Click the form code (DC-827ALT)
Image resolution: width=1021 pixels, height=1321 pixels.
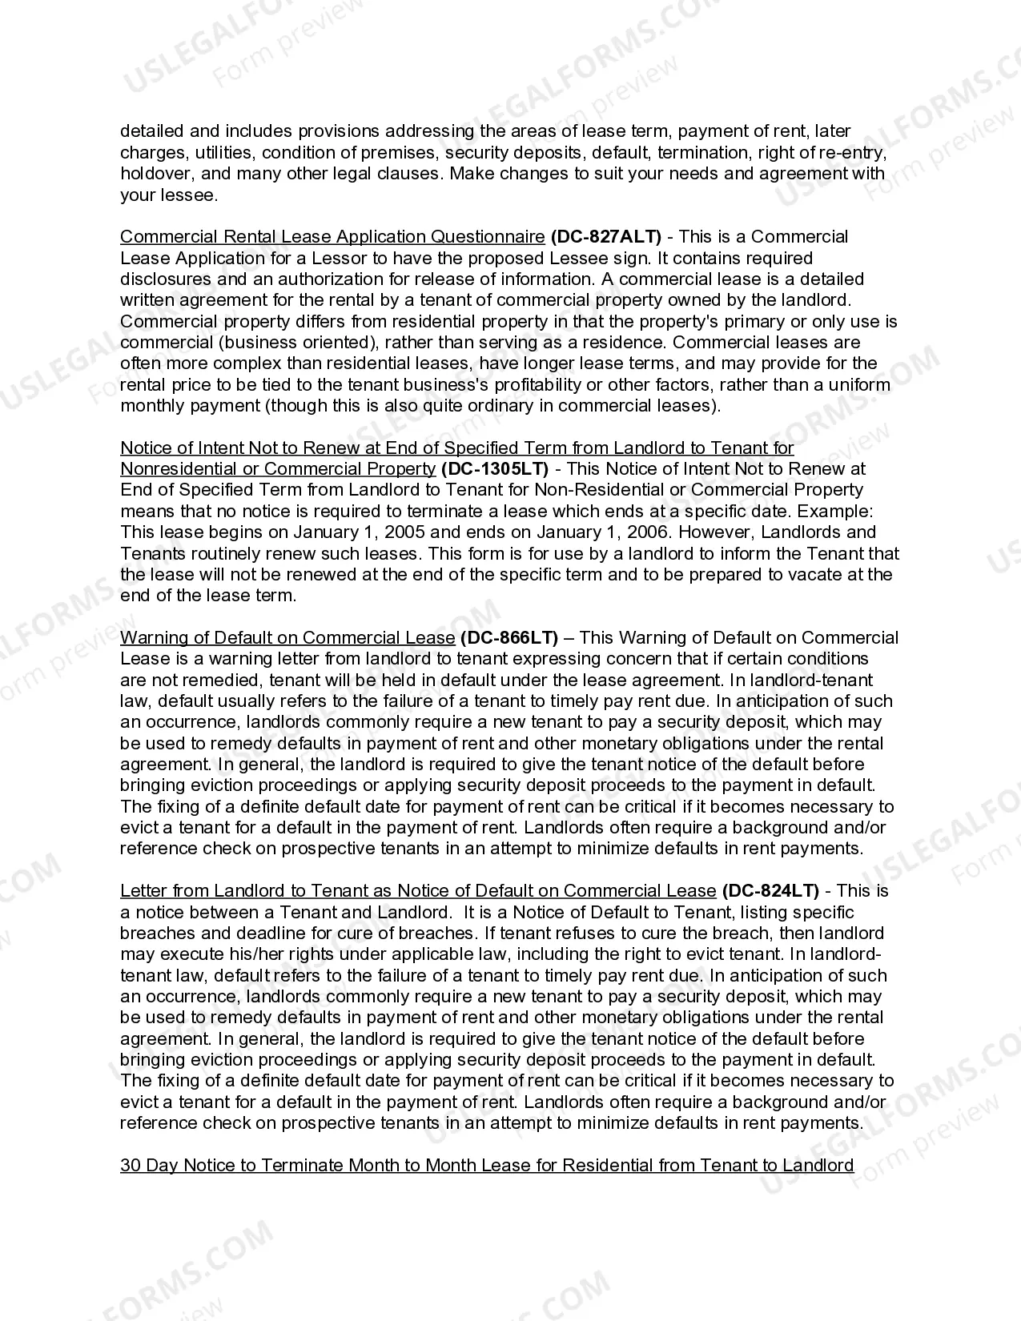[x=605, y=237]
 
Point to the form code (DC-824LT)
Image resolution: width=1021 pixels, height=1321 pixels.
[x=770, y=891]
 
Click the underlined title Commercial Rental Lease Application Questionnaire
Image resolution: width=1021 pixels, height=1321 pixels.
[x=332, y=237]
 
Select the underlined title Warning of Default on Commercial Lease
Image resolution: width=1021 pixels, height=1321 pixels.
[x=287, y=638]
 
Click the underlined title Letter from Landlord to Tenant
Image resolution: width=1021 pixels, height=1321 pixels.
[x=418, y=891]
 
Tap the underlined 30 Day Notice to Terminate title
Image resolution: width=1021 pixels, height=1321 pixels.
[x=487, y=1166]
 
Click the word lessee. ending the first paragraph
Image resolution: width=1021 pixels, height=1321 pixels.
[x=190, y=195]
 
